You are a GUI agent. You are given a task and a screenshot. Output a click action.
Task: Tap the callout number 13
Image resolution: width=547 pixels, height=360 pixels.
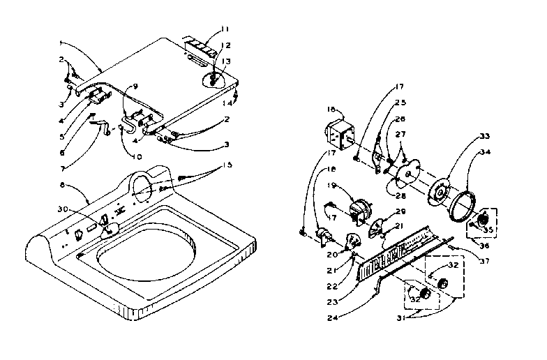click(x=225, y=61)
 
